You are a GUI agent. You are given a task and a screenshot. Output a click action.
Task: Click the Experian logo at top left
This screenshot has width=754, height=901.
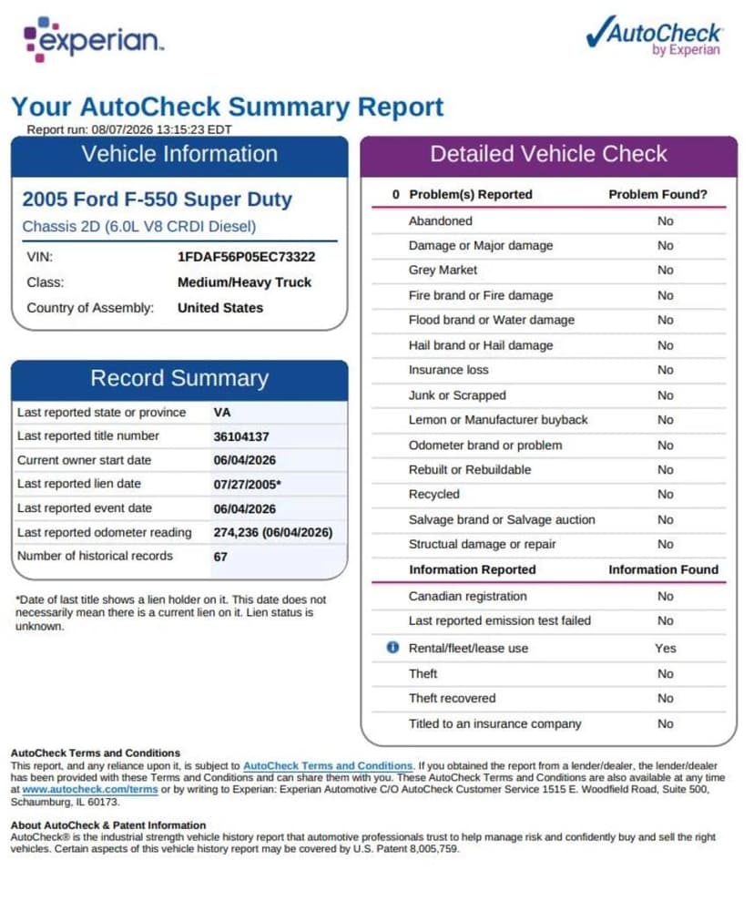pos(93,39)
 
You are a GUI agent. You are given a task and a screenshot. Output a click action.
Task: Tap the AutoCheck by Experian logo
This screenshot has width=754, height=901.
pos(655,36)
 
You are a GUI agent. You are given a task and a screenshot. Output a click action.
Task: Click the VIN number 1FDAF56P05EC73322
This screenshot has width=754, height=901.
pos(247,257)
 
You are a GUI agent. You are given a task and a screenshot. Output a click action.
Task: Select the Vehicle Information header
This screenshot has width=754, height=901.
pos(179,154)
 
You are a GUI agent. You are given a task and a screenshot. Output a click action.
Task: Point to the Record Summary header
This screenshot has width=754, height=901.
pos(179,378)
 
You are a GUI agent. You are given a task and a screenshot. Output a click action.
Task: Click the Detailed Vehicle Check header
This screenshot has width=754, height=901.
pos(548,154)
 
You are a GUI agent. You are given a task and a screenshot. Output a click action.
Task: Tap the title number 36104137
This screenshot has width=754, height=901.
pos(241,436)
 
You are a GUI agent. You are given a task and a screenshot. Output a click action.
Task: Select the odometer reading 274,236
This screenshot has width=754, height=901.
pos(236,533)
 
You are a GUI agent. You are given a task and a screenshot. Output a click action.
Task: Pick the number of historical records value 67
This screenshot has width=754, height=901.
pos(220,557)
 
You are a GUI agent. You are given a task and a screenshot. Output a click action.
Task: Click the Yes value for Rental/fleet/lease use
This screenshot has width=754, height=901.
pos(666,648)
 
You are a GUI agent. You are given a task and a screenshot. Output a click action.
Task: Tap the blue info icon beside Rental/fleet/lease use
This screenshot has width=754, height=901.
pos(392,648)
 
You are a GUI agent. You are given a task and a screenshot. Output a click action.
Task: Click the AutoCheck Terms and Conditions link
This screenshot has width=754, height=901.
pos(328,766)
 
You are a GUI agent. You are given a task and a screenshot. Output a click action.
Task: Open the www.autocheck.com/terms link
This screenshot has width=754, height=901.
pos(90,790)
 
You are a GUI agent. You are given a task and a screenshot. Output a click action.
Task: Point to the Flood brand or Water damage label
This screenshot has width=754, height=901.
pos(492,320)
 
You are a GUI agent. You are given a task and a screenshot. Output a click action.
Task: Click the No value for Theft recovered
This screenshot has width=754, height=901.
pos(666,698)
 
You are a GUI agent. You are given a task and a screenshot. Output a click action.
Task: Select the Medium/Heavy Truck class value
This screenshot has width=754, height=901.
pos(245,282)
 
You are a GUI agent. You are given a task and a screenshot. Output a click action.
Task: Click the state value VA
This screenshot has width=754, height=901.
pos(222,413)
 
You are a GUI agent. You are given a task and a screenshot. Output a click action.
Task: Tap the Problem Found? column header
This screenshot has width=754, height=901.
pos(658,194)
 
